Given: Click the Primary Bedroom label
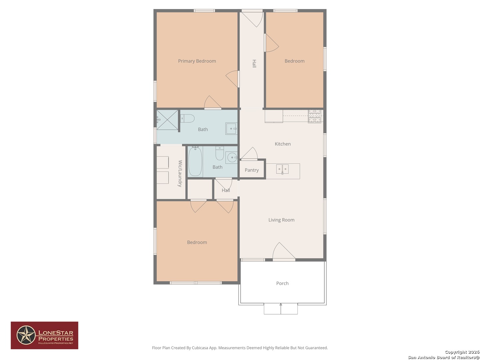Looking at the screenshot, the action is point(197,61).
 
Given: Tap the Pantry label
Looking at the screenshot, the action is point(251,170).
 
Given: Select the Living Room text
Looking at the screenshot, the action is point(281,220).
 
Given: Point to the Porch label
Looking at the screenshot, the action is point(282,283).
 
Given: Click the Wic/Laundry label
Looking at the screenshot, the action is point(180,173).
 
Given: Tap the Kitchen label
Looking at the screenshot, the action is point(283,144).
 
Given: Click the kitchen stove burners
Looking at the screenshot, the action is point(314,116).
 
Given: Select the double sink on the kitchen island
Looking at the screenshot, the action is point(282,169).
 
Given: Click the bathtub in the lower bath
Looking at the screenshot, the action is point(195,161).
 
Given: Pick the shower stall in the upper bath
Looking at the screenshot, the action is point(167,120).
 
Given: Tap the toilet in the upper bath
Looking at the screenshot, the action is point(187,118).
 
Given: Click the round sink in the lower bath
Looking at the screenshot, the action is point(231,157).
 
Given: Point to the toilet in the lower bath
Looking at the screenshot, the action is point(220,153).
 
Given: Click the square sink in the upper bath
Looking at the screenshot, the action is point(231,129).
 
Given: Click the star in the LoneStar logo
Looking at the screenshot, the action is point(26,335).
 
